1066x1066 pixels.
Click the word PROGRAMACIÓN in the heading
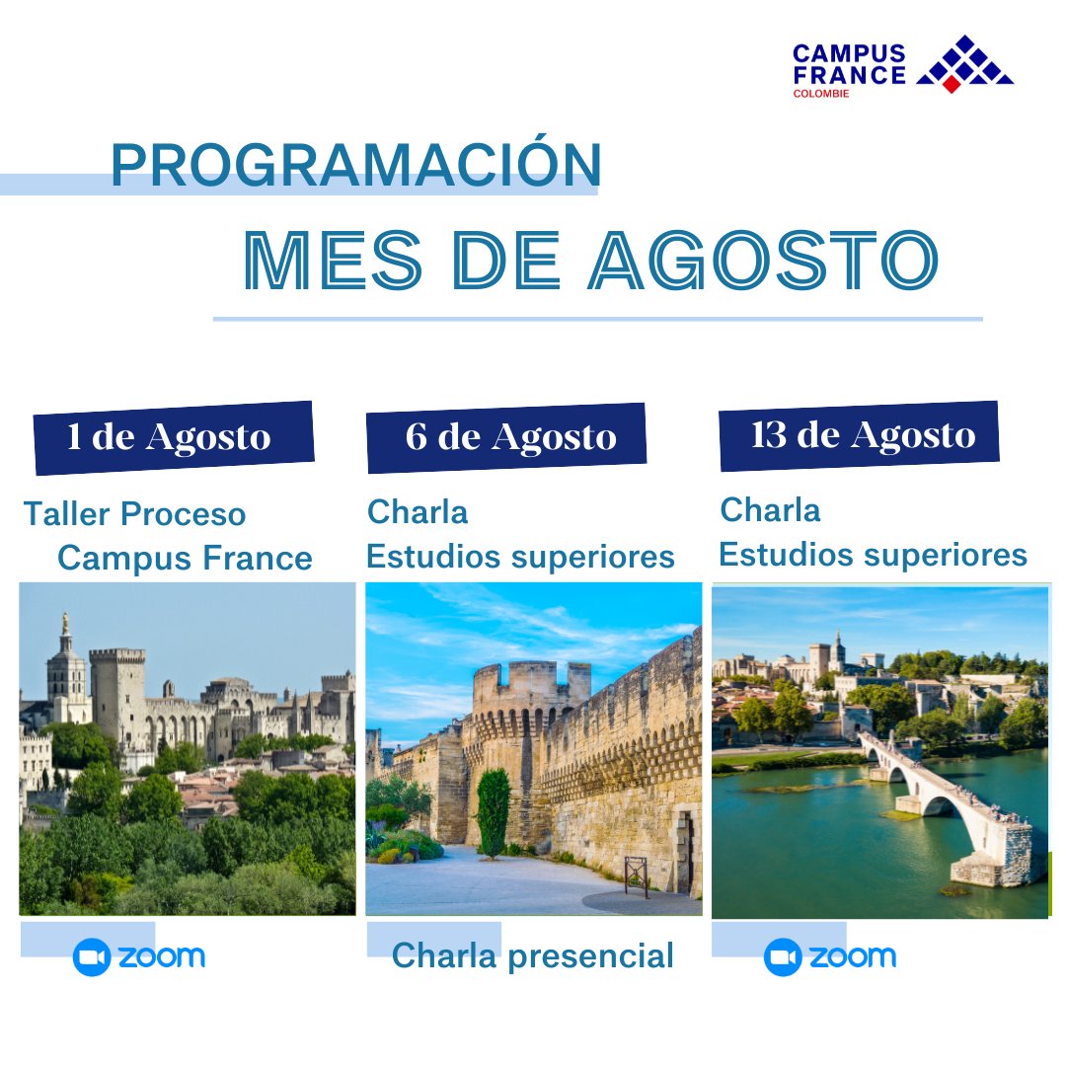tap(355, 165)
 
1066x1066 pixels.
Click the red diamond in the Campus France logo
tap(951, 85)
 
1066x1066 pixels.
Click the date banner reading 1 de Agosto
tap(170, 436)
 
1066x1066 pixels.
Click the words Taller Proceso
tap(134, 514)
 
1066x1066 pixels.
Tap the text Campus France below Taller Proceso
tap(185, 559)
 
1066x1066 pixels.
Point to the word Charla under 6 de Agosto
tap(418, 512)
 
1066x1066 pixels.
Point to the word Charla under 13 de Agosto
tap(770, 510)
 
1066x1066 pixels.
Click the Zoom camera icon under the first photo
tap(92, 957)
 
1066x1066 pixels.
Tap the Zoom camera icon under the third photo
tap(783, 957)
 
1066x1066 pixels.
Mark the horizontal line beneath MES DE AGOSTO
tap(597, 319)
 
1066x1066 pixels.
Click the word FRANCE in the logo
tap(849, 74)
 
